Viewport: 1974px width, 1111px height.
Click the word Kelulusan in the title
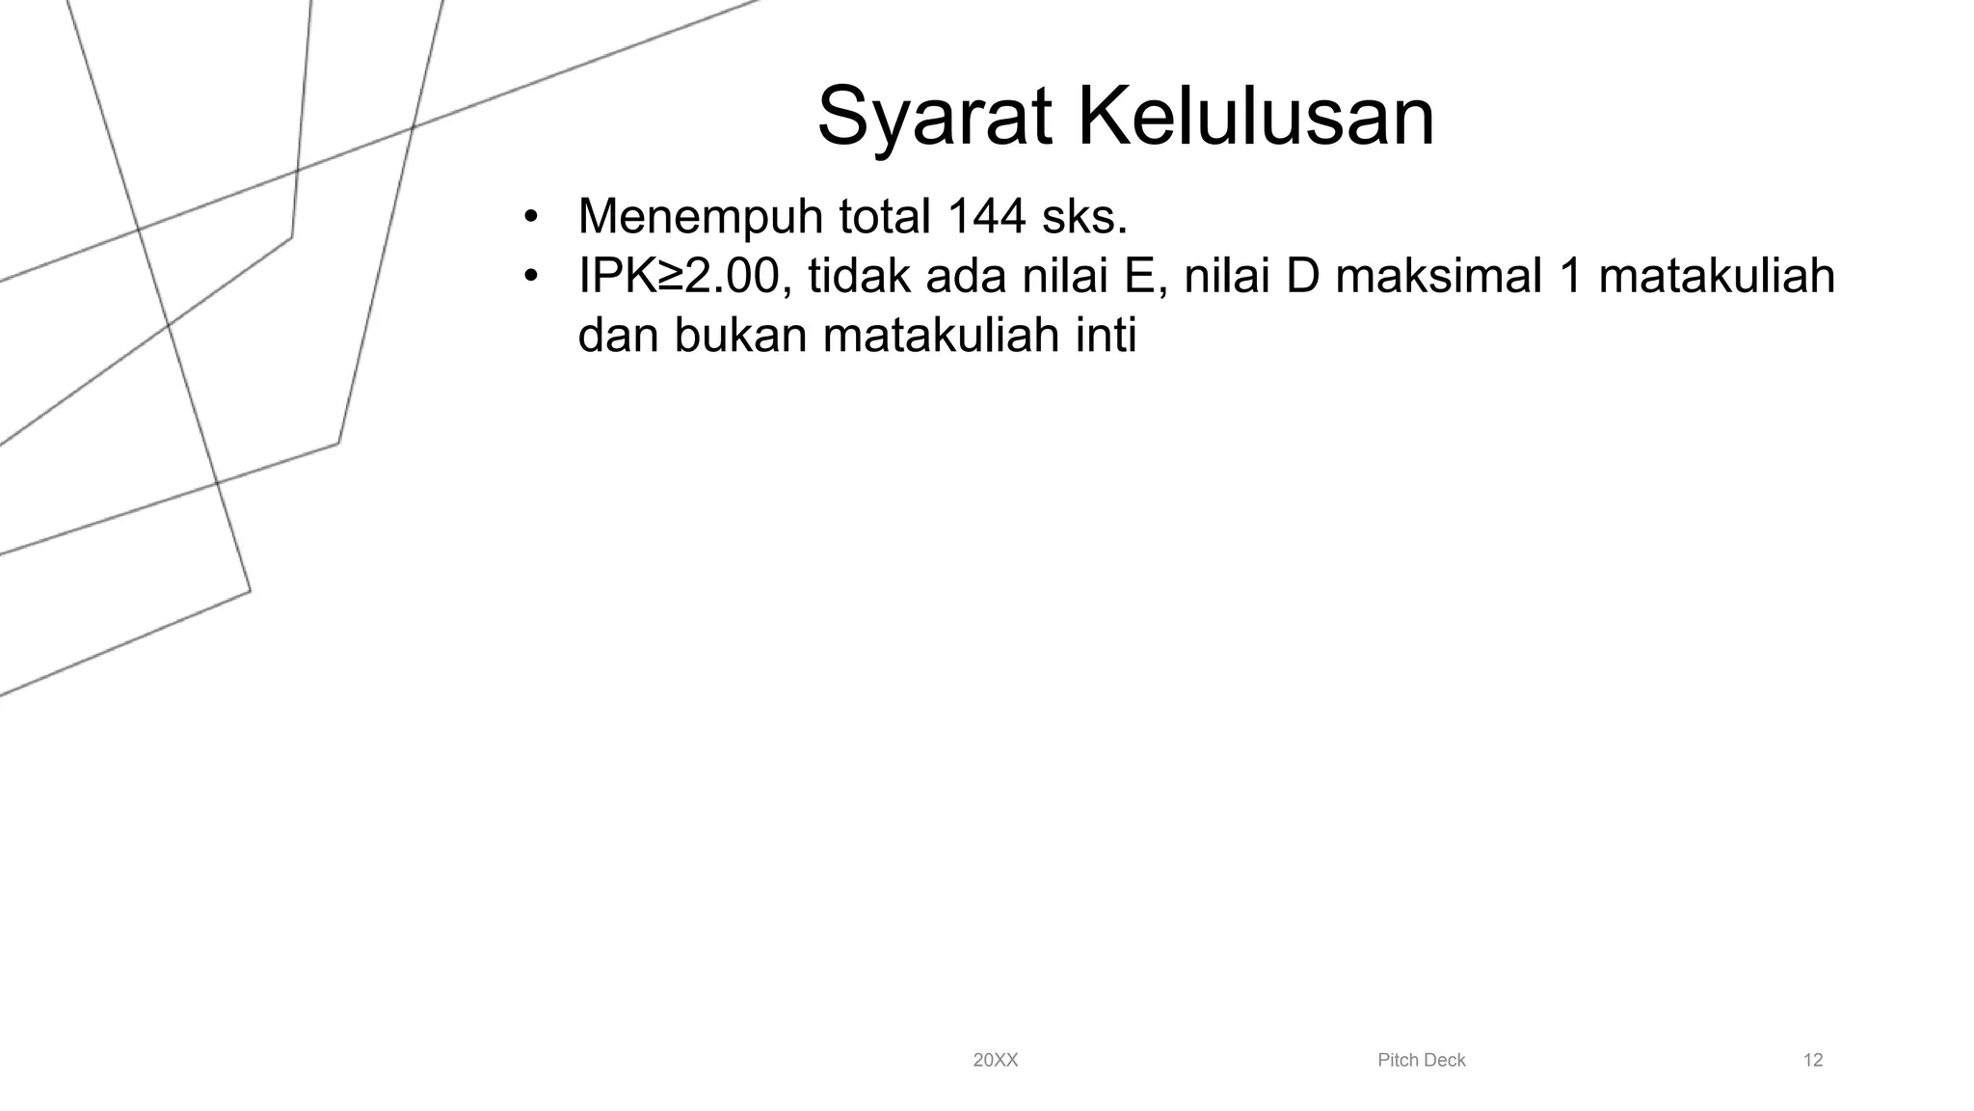[x=1255, y=118]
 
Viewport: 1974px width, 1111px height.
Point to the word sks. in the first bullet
[x=1084, y=216]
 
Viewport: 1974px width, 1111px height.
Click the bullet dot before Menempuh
[x=529, y=218]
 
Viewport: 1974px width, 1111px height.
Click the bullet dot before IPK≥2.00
[x=529, y=278]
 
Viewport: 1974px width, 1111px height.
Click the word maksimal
[x=1438, y=277]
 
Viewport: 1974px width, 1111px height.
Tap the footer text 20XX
[x=995, y=1061]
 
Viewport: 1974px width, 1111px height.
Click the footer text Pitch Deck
[x=1421, y=1061]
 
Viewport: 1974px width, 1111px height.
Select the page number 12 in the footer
[x=1812, y=1061]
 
